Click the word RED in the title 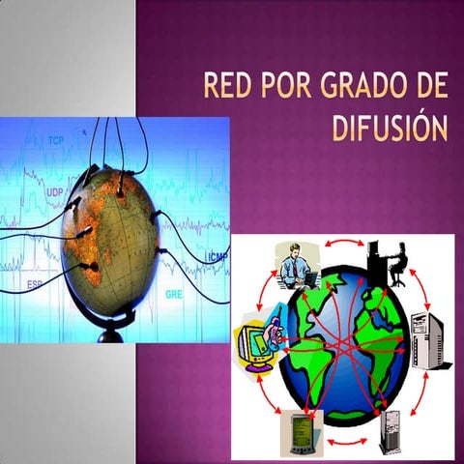coord(227,88)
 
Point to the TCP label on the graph coord(57,141)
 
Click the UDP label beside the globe coord(55,193)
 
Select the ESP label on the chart coord(35,284)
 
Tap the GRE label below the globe coord(174,293)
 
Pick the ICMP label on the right coord(217,256)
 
